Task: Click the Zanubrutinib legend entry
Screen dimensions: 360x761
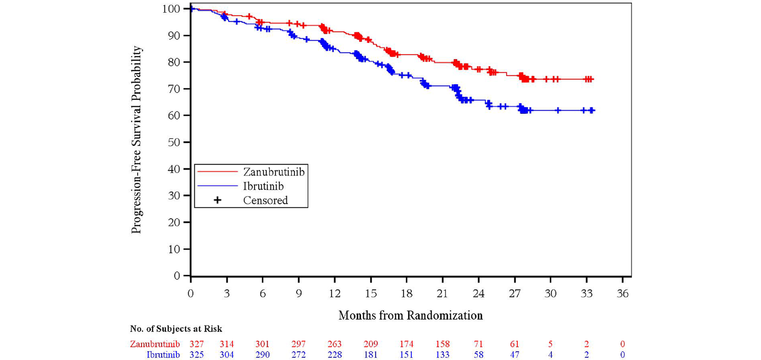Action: (273, 172)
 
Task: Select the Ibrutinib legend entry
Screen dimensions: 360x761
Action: (263, 186)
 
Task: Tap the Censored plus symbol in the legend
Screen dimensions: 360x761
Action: (217, 200)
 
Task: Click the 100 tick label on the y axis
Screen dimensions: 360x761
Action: (172, 9)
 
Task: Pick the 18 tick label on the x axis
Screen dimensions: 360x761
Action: (406, 294)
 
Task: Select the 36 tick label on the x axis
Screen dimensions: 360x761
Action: (622, 294)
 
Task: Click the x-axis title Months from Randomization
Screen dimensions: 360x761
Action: (410, 316)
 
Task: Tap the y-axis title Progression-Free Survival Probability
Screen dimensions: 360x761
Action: (137, 140)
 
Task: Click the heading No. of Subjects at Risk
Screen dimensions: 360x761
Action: (176, 329)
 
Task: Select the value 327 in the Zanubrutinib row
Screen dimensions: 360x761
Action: (196, 344)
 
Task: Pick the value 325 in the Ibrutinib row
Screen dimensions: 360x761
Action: (196, 355)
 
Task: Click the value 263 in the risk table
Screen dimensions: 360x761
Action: (334, 344)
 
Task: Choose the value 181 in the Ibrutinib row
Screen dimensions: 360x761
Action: (371, 355)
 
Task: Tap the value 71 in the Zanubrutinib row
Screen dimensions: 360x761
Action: (479, 344)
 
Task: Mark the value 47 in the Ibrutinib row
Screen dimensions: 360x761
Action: (514, 355)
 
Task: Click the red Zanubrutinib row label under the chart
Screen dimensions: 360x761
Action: (155, 344)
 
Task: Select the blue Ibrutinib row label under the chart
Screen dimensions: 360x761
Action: (163, 355)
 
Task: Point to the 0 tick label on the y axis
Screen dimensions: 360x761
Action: (177, 276)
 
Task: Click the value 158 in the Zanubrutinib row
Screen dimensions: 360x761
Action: (442, 344)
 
